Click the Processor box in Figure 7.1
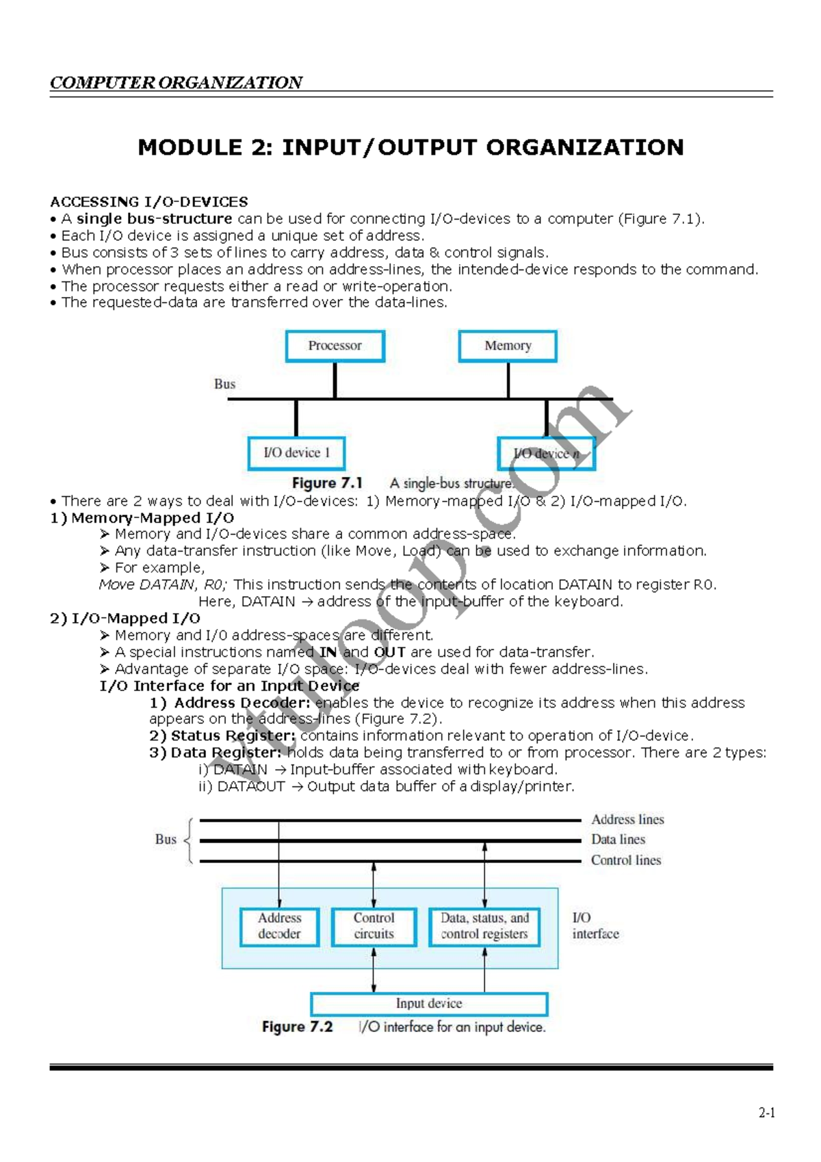(335, 346)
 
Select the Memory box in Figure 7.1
(508, 346)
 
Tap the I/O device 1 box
(296, 453)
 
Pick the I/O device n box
(547, 454)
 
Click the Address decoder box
(279, 927)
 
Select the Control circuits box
(374, 927)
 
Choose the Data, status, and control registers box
(484, 927)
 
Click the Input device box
(429, 1004)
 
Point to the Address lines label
(627, 820)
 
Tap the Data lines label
(618, 840)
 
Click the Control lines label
(626, 860)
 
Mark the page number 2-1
(766, 1113)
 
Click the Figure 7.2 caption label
(297, 1027)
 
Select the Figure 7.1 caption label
(327, 483)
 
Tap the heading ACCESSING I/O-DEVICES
(149, 202)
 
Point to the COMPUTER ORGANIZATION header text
(176, 83)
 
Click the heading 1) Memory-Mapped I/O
(142, 518)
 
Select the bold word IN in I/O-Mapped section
(328, 652)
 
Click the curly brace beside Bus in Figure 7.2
(188, 840)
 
